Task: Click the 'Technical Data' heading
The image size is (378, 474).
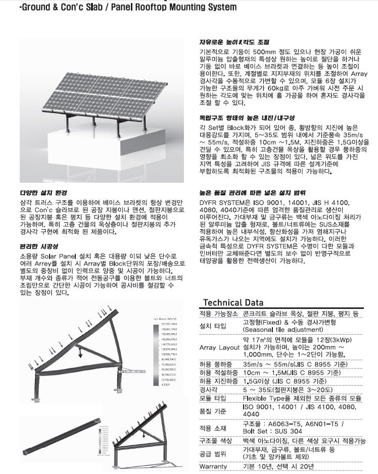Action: pos(233,303)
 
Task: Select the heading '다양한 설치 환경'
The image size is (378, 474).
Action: pos(43,193)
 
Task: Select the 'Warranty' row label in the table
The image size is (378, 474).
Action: pos(213,466)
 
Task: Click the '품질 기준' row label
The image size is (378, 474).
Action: pos(214,410)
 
